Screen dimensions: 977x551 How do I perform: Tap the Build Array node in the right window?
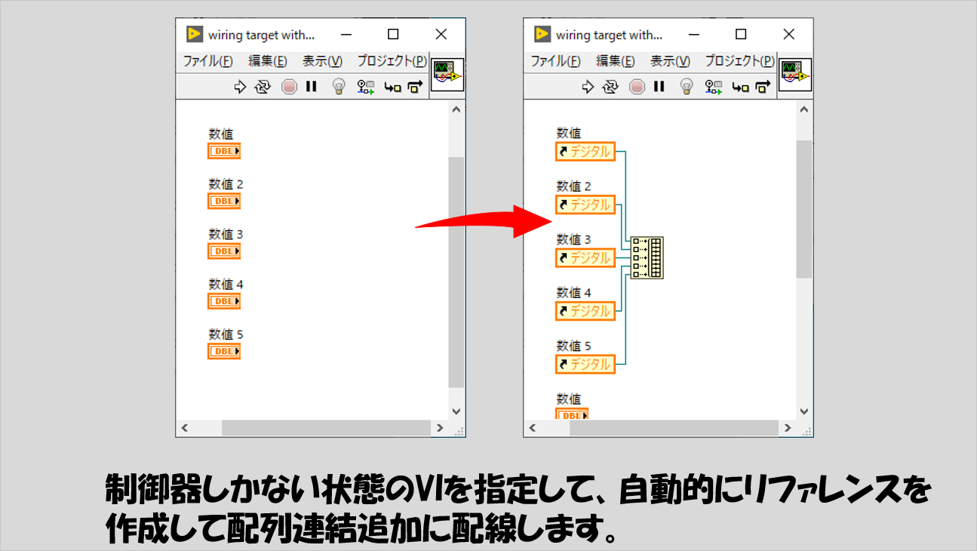pyautogui.click(x=647, y=257)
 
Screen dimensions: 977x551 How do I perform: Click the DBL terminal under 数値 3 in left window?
pyautogui.click(x=224, y=251)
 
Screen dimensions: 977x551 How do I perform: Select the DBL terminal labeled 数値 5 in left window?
pyautogui.click(x=224, y=351)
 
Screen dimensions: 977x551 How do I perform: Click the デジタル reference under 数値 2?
pyautogui.click(x=585, y=205)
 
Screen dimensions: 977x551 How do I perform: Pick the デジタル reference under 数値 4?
pyautogui.click(x=585, y=311)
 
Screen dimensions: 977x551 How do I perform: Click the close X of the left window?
pyautogui.click(x=441, y=34)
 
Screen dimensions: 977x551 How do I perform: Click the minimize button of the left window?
pyautogui.click(x=346, y=35)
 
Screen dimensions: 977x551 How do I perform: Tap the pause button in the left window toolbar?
pyautogui.click(x=311, y=86)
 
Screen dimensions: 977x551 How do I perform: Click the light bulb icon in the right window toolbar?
pyautogui.click(x=687, y=86)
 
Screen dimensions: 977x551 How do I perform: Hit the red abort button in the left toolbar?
pyautogui.click(x=289, y=87)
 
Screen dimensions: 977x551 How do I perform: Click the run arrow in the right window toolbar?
pyautogui.click(x=588, y=87)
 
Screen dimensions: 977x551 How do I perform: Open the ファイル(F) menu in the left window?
pyautogui.click(x=207, y=61)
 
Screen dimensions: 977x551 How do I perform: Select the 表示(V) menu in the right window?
pyautogui.click(x=670, y=61)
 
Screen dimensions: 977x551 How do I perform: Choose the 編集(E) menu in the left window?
pyautogui.click(x=267, y=61)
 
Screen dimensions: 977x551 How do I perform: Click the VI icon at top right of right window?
pyautogui.click(x=795, y=75)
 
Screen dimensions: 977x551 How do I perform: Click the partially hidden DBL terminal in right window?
pyautogui.click(x=572, y=414)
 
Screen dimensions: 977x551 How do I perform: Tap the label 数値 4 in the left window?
pyautogui.click(x=226, y=285)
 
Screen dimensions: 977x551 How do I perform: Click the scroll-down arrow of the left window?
pyautogui.click(x=456, y=411)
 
